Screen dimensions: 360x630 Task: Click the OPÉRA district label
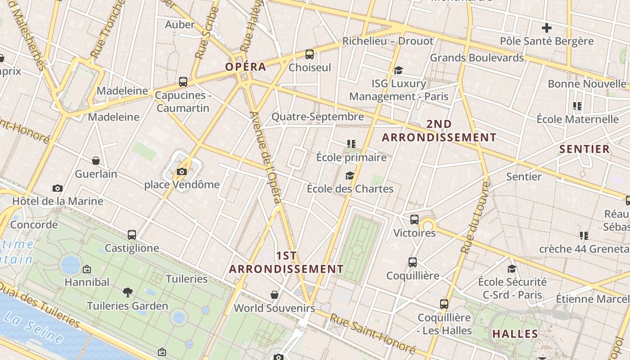pyautogui.click(x=246, y=67)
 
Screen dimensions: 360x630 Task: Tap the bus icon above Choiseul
pyautogui.click(x=310, y=54)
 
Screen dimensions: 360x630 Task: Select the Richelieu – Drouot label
pyautogui.click(x=388, y=41)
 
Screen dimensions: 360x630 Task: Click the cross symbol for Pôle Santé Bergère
pyautogui.click(x=547, y=28)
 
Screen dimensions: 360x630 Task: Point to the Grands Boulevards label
pyautogui.click(x=477, y=58)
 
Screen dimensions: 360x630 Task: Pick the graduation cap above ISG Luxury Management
pyautogui.click(x=398, y=70)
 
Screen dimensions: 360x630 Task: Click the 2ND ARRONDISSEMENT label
pyautogui.click(x=439, y=130)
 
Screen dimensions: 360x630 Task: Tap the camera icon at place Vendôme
pyautogui.click(x=182, y=171)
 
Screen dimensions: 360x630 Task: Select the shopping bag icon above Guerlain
pyautogui.click(x=96, y=161)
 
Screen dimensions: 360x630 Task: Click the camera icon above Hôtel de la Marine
pyautogui.click(x=58, y=188)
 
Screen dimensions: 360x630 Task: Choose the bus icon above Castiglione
pyautogui.click(x=132, y=235)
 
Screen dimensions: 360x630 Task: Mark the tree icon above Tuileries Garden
pyautogui.click(x=128, y=292)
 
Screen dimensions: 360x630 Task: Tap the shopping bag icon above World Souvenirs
pyautogui.click(x=274, y=295)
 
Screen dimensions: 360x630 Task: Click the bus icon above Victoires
pyautogui.click(x=414, y=220)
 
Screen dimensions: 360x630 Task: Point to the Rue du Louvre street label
pyautogui.click(x=475, y=217)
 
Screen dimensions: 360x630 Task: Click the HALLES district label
pyautogui.click(x=515, y=334)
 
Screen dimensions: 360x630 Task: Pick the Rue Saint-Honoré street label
pyautogui.click(x=372, y=333)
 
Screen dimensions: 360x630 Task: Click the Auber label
pyautogui.click(x=180, y=24)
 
